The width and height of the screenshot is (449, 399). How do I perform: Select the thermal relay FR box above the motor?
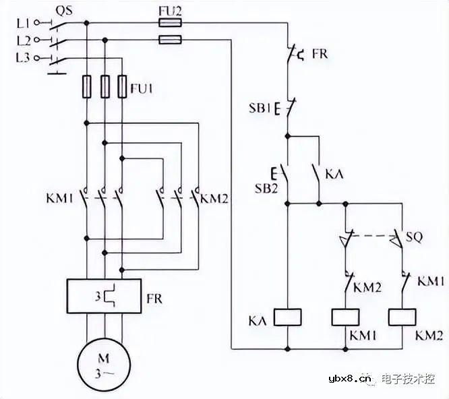[x=104, y=296]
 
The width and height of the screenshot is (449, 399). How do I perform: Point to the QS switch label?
[x=64, y=11]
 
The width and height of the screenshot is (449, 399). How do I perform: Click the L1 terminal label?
[x=22, y=23]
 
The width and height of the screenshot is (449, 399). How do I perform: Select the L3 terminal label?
[x=22, y=58]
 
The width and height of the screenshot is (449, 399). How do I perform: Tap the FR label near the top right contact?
[x=320, y=53]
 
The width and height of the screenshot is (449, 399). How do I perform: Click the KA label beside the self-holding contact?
[x=334, y=175]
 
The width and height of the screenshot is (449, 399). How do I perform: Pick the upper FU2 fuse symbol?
[x=169, y=22]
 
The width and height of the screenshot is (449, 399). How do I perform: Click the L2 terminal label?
[x=22, y=40]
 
